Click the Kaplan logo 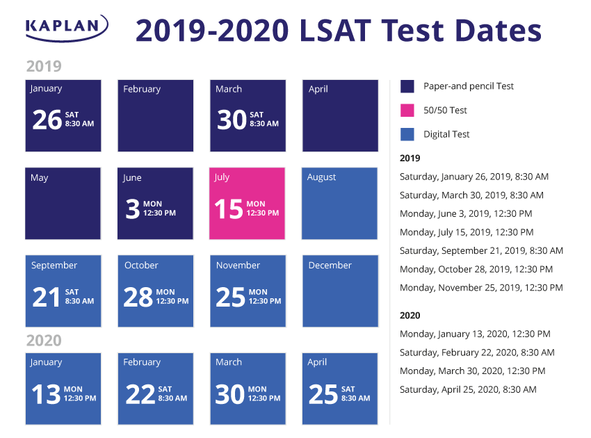pos(66,28)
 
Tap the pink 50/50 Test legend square pos(407,110)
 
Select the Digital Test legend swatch pos(407,134)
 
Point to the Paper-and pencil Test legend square pos(407,86)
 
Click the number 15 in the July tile pos(229,209)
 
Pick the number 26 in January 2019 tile pos(47,120)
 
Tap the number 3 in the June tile pos(132,209)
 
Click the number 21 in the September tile pos(47,297)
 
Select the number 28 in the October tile pos(138,297)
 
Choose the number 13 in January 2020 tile pos(46,394)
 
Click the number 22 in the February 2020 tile pos(140,394)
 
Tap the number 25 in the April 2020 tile pos(323,394)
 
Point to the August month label pos(322,177)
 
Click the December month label pos(330,266)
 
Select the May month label pos(40,178)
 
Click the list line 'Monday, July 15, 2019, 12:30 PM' pos(467,232)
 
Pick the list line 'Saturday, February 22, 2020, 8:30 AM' pos(477,352)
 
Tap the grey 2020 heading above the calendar pos(44,341)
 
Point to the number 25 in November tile pos(230,297)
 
